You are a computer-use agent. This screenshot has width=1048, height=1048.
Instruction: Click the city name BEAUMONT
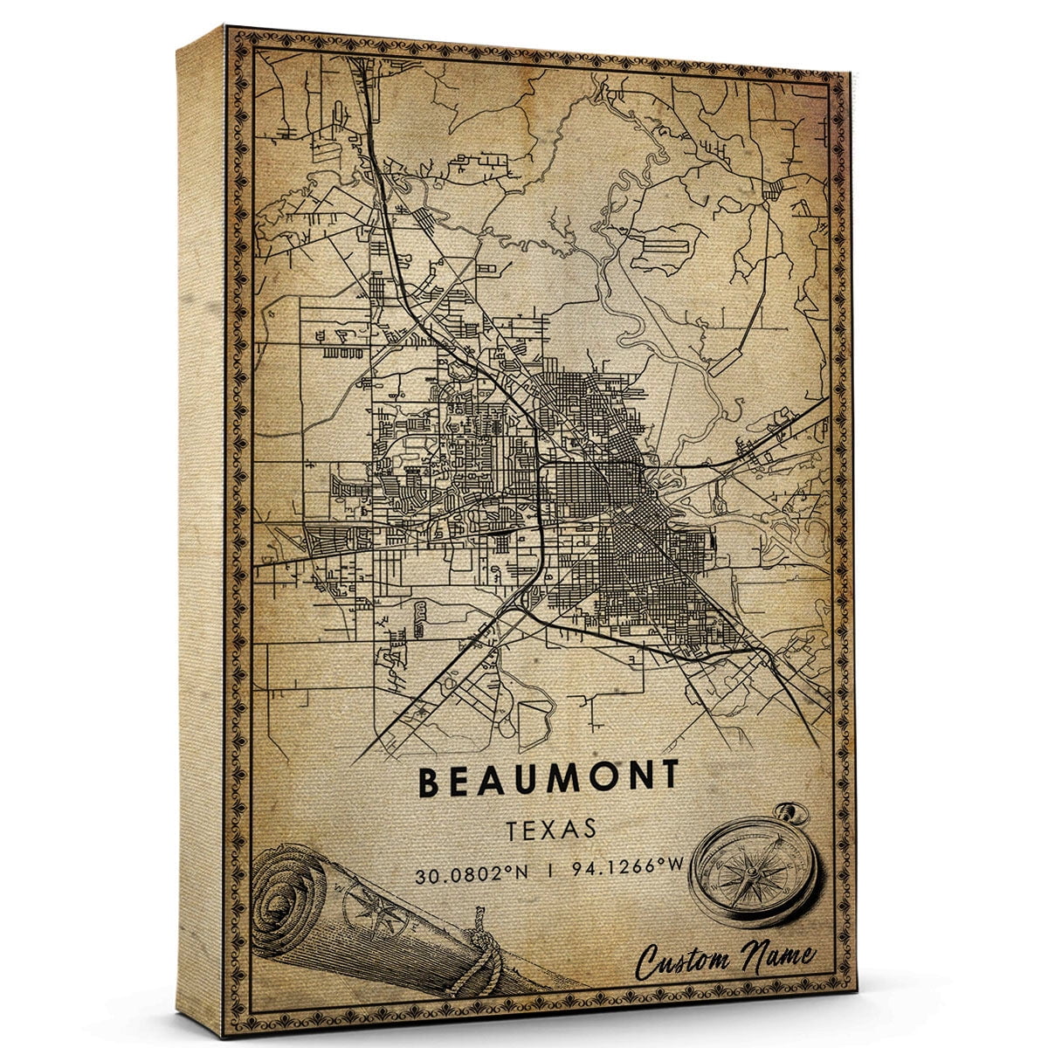tap(548, 780)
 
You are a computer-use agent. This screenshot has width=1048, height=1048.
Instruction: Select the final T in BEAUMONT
tap(669, 776)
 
